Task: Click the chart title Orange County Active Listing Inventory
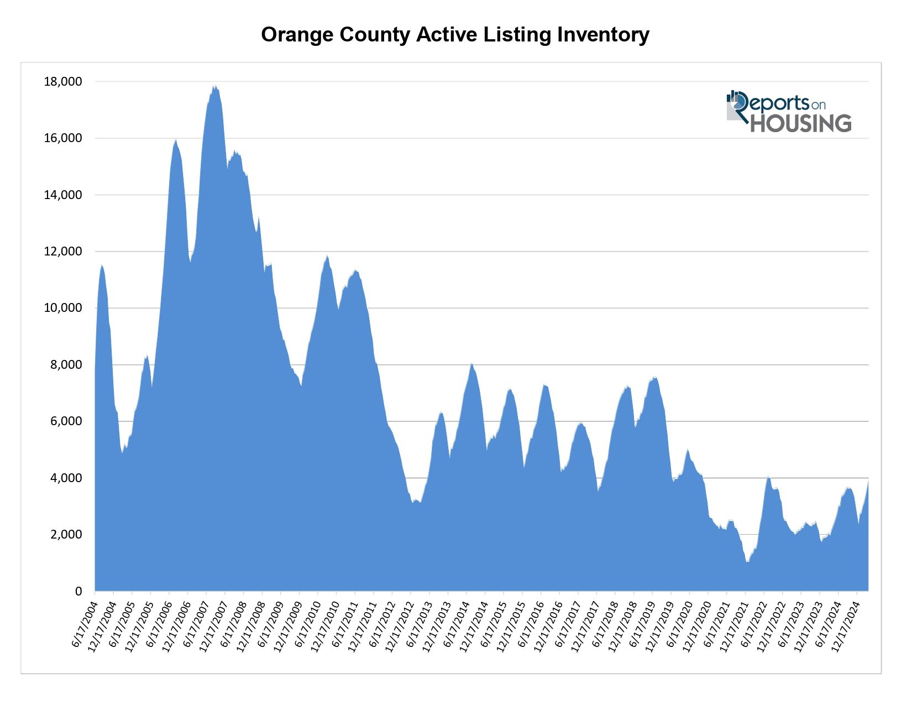coord(455,35)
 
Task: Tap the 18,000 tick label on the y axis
coord(62,82)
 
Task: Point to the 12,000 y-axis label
coord(62,252)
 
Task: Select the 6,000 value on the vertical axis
coord(65,421)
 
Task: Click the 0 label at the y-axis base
coord(78,591)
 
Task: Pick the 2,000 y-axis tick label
coord(65,535)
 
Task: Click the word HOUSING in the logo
coord(800,123)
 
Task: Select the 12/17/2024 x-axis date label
coord(845,625)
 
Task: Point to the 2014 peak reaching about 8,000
coord(471,364)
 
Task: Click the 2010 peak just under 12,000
coord(327,257)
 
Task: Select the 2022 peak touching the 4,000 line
coord(768,477)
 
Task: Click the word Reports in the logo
coord(778,103)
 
